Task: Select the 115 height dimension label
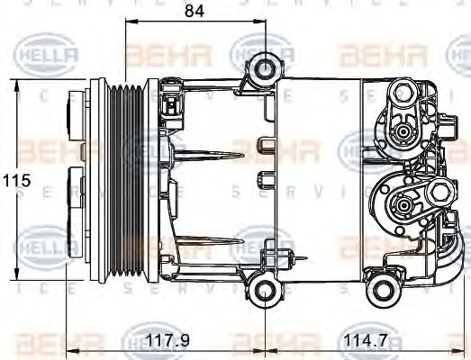point(16,180)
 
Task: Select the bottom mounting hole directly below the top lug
point(265,289)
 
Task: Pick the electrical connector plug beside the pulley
point(169,109)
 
